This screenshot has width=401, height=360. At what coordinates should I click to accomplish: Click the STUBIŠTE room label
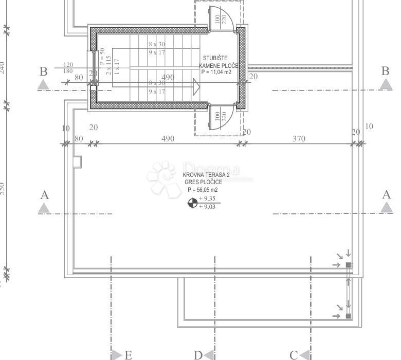click(x=215, y=58)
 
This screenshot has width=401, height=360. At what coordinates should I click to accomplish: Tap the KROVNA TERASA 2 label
click(x=206, y=175)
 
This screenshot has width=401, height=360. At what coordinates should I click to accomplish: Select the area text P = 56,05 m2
click(x=203, y=190)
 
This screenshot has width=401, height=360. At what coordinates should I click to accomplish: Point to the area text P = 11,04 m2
click(x=216, y=73)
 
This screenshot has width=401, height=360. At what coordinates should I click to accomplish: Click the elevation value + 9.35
click(x=207, y=199)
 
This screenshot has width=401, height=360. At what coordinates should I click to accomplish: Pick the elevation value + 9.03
click(x=207, y=206)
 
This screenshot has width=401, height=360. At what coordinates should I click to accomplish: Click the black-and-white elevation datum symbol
click(x=192, y=203)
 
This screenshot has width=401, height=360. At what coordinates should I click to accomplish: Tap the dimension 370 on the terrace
click(x=299, y=138)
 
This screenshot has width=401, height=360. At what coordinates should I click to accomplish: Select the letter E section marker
click(x=128, y=354)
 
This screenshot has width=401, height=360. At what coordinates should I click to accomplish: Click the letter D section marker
click(x=198, y=354)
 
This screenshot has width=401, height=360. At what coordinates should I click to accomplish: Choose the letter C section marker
click(x=294, y=354)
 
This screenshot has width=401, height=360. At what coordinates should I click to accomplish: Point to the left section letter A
click(x=44, y=195)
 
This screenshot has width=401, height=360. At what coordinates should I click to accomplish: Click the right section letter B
click(x=386, y=71)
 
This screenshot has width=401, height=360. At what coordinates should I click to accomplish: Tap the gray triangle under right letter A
click(x=387, y=207)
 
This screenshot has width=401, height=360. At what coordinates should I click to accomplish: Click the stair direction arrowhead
click(x=196, y=86)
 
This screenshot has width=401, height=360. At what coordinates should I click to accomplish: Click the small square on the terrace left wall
click(x=77, y=161)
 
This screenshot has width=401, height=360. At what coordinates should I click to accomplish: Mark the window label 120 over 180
click(x=68, y=68)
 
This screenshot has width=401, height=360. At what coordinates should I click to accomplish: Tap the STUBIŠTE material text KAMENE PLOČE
click(x=218, y=66)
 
